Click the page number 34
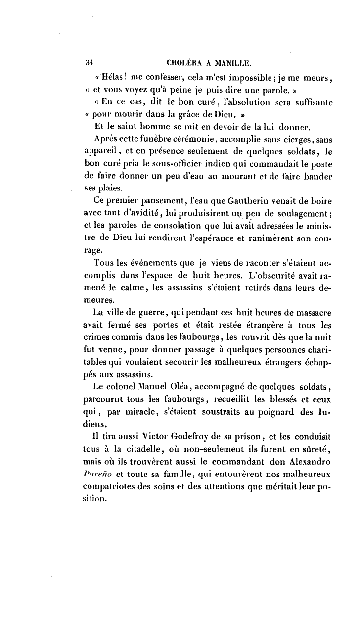click(90, 63)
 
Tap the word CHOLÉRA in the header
click(183, 63)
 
